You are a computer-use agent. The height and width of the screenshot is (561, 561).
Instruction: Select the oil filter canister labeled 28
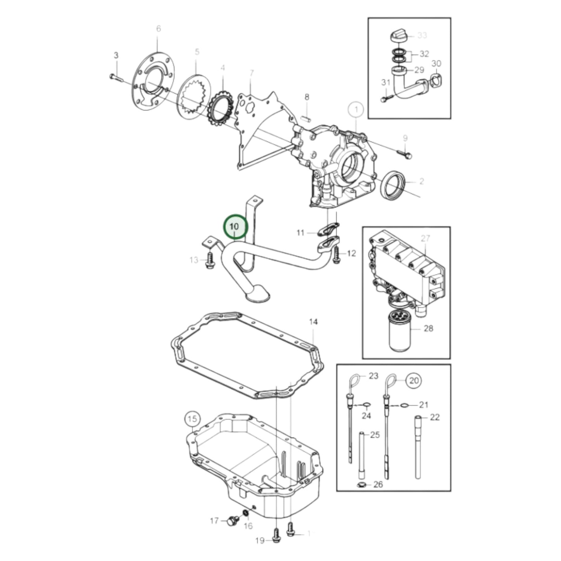point(402,330)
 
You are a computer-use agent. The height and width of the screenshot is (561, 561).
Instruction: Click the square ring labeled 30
point(436,81)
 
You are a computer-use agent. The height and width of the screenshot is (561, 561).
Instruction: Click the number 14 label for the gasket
point(313,322)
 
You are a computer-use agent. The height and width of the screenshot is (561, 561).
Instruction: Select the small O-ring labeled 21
point(405,405)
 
